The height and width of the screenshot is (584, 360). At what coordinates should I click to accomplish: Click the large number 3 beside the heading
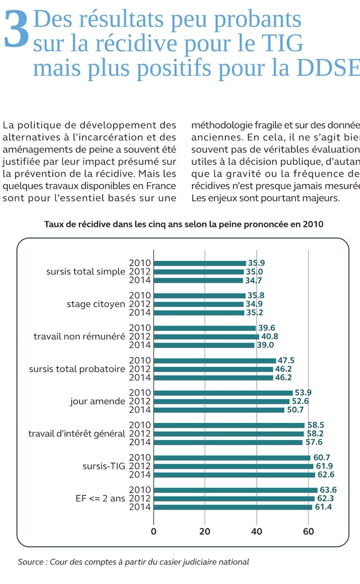click(16, 30)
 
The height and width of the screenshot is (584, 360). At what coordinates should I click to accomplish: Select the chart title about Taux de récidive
click(183, 224)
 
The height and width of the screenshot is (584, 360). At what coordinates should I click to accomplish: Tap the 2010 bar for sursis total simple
click(200, 263)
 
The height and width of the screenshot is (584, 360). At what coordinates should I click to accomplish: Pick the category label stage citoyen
click(95, 304)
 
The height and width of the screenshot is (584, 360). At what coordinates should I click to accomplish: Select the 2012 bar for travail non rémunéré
click(206, 337)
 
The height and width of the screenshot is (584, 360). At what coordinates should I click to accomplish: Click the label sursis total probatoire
click(77, 369)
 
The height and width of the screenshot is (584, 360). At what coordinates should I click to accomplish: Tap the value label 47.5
click(287, 361)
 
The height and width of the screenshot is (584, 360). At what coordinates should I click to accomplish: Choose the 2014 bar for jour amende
click(219, 410)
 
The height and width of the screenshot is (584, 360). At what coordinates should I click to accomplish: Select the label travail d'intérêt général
click(76, 434)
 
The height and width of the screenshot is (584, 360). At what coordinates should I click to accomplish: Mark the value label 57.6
click(313, 442)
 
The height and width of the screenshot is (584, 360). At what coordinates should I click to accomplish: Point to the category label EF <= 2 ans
click(100, 499)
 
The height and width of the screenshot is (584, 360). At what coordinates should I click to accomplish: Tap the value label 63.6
click(328, 490)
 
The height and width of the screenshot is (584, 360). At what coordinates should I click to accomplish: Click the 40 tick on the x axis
click(256, 531)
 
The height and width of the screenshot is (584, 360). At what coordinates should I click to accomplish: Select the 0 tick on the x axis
click(154, 531)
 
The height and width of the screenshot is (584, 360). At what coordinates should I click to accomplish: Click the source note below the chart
click(133, 562)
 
